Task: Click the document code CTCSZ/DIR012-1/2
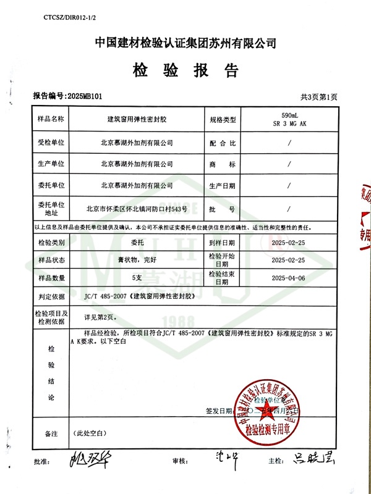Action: click(70, 19)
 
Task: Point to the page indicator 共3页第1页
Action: click(319, 97)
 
